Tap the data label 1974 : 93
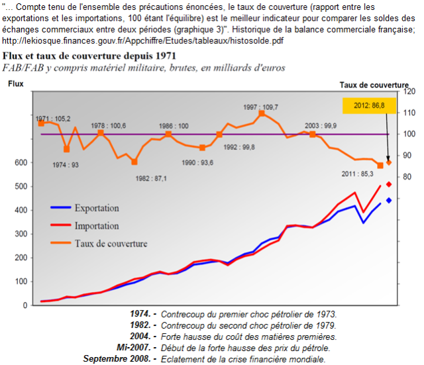pos(66,165)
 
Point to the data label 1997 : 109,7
pos(260,106)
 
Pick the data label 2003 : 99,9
pos(320,125)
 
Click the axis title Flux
pos(15,84)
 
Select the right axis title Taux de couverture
pos(374,84)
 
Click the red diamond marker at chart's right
pos(389,184)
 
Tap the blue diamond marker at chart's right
pos(389,200)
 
